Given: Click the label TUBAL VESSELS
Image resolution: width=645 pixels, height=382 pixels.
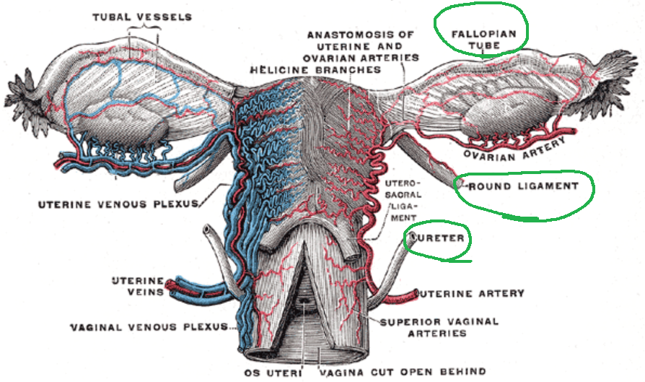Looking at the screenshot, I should (142, 17).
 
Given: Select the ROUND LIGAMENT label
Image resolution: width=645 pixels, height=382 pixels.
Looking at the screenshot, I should (524, 186).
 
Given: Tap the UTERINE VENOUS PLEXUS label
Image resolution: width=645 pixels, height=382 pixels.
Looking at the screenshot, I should (118, 204).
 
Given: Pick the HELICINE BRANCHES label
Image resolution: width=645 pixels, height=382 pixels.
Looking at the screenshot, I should (315, 70).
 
